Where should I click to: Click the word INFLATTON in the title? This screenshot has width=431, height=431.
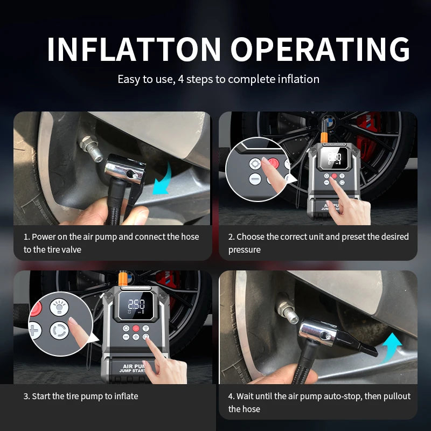pyautogui.click(x=134, y=49)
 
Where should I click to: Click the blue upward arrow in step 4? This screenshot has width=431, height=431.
pyautogui.click(x=392, y=347)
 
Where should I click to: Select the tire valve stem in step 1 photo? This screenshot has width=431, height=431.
pyautogui.click(x=91, y=148)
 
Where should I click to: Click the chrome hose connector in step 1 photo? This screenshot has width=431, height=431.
pyautogui.click(x=125, y=169)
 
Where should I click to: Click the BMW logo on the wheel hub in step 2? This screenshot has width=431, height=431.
pyautogui.click(x=327, y=121)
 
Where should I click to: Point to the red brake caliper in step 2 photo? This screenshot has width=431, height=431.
pyautogui.click(x=367, y=137)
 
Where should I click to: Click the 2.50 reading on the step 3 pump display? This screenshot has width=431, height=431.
pyautogui.click(x=137, y=304)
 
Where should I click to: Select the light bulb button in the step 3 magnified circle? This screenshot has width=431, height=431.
pyautogui.click(x=59, y=307)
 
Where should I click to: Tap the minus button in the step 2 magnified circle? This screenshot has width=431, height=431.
pyautogui.click(x=255, y=179)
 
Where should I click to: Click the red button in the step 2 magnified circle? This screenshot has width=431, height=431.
pyautogui.click(x=274, y=163)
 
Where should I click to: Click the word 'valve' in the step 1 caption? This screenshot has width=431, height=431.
pyautogui.click(x=71, y=249)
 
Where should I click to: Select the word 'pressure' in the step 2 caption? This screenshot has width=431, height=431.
pyautogui.click(x=245, y=250)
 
